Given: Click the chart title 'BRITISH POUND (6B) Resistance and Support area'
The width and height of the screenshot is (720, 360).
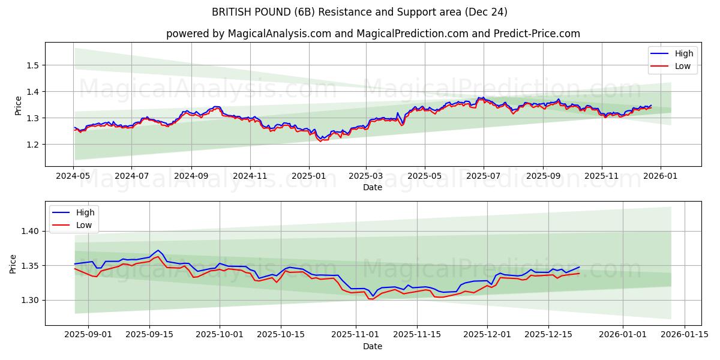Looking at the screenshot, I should [x=359, y=12].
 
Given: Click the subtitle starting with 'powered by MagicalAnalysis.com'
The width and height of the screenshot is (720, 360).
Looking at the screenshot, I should [x=373, y=34].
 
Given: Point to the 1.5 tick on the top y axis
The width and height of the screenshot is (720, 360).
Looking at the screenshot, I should [x=34, y=65].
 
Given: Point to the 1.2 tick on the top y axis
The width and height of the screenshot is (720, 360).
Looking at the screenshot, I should [x=34, y=145].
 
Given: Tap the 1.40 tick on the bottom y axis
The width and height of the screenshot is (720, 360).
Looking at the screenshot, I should [x=31, y=231].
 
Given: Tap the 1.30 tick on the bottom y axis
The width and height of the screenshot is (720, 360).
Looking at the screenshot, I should [x=31, y=300].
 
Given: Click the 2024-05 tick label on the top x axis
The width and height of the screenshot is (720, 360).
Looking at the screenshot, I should [x=74, y=177].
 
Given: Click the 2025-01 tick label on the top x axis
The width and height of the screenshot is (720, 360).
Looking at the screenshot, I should [x=309, y=177].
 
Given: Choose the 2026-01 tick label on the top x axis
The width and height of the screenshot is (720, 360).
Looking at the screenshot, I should [x=661, y=177].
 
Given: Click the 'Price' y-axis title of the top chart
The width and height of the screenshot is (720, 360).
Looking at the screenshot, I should [x=18, y=106].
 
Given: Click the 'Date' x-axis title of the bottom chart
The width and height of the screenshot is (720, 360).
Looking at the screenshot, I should [x=373, y=346].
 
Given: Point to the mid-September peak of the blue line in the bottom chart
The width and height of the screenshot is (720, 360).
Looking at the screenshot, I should [x=158, y=250].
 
